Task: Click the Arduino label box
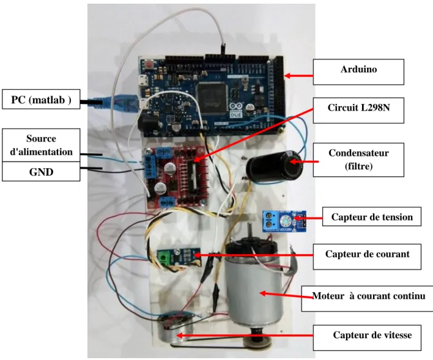[x=358, y=72]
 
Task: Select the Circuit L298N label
[x=358, y=110]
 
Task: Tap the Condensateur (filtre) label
[x=358, y=160]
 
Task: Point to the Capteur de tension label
[x=372, y=217]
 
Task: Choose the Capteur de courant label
[x=367, y=257]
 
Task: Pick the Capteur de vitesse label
[x=367, y=337]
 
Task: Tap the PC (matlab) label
[x=41, y=99]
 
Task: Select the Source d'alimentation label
[x=41, y=145]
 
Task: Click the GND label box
[x=41, y=171]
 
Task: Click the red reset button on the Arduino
[x=149, y=65]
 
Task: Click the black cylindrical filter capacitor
[x=274, y=166]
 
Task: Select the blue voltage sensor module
[x=284, y=221]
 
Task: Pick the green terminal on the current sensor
[x=164, y=259]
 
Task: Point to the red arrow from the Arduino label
[x=299, y=75]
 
